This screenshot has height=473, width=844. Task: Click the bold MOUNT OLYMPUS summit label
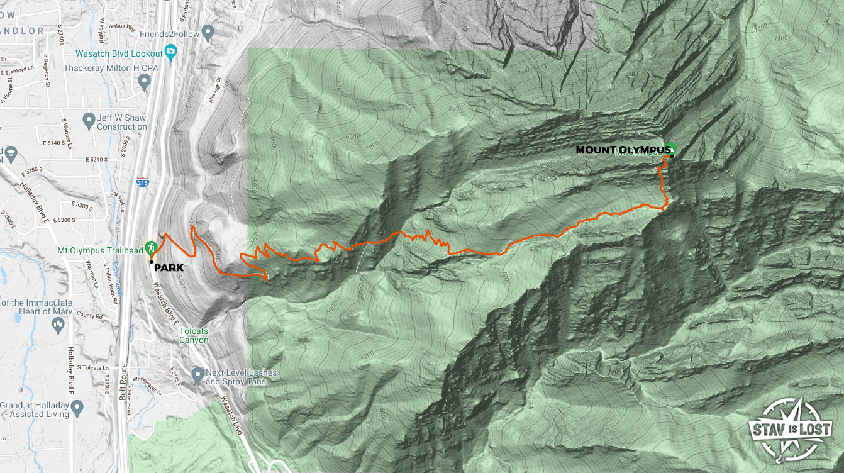[x=623, y=150]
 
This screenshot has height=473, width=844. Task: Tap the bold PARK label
[x=169, y=267]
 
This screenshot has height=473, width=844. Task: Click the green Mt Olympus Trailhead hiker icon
[x=150, y=246]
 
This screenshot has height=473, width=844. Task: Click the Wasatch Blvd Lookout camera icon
[x=170, y=50]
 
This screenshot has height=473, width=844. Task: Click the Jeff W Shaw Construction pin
[x=89, y=118]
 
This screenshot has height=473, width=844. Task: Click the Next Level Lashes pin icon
[x=198, y=373]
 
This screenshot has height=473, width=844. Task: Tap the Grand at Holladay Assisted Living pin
[x=78, y=409]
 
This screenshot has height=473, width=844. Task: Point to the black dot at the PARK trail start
[x=152, y=261]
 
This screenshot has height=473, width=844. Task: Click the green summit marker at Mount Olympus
[x=670, y=148]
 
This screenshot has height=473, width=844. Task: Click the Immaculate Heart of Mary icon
[x=58, y=325]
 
